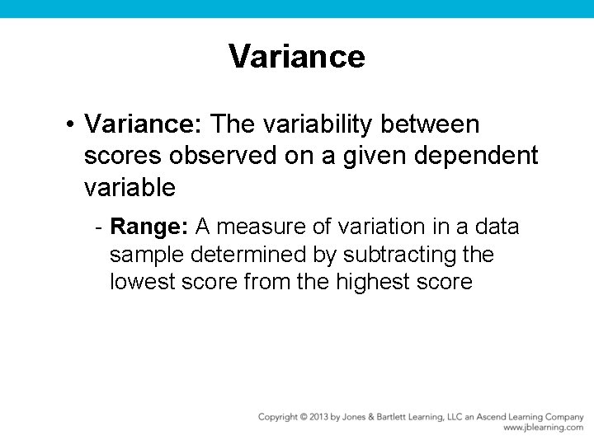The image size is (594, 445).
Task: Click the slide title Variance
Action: click(x=297, y=57)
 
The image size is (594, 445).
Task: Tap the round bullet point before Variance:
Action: click(x=73, y=125)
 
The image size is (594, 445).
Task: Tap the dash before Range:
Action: click(x=98, y=227)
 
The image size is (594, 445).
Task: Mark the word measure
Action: click(x=257, y=227)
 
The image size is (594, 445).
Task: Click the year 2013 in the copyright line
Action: click(x=317, y=417)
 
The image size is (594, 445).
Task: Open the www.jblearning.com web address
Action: click(x=543, y=429)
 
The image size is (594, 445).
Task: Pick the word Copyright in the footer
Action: click(x=278, y=417)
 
